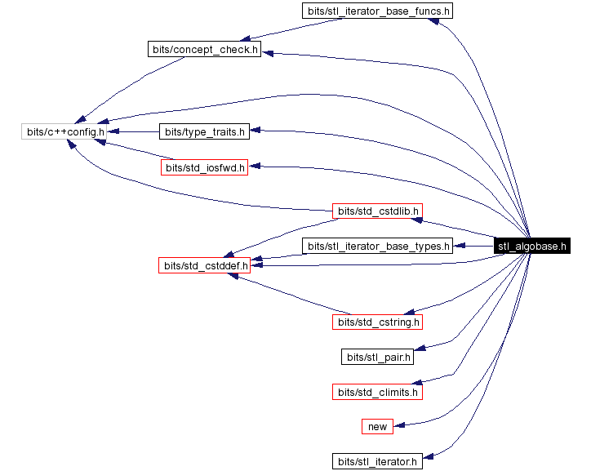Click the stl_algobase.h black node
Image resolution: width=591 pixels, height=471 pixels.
click(x=531, y=247)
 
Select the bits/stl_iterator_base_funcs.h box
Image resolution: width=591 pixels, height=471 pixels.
click(x=377, y=11)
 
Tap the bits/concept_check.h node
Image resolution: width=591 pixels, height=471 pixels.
click(x=204, y=50)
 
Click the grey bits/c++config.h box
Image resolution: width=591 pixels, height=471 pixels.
click(x=63, y=131)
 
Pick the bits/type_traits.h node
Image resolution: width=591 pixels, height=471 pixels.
click(x=202, y=131)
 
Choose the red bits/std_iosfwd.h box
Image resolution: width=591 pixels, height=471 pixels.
click(x=203, y=168)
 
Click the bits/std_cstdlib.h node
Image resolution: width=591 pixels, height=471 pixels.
click(x=376, y=211)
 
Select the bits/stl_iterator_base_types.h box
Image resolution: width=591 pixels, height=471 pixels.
click(x=377, y=246)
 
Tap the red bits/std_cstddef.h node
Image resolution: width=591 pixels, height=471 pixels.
click(x=203, y=265)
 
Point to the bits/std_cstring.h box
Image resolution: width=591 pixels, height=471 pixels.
click(x=377, y=322)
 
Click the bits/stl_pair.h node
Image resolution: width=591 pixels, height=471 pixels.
click(x=377, y=357)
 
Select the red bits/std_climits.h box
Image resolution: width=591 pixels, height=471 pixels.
click(x=377, y=392)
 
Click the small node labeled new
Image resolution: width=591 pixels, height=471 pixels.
click(x=377, y=426)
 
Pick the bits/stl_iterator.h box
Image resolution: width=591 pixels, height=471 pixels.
click(x=377, y=461)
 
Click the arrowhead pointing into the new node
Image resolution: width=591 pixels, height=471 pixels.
click(x=398, y=424)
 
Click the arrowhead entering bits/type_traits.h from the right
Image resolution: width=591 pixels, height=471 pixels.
click(x=254, y=131)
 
